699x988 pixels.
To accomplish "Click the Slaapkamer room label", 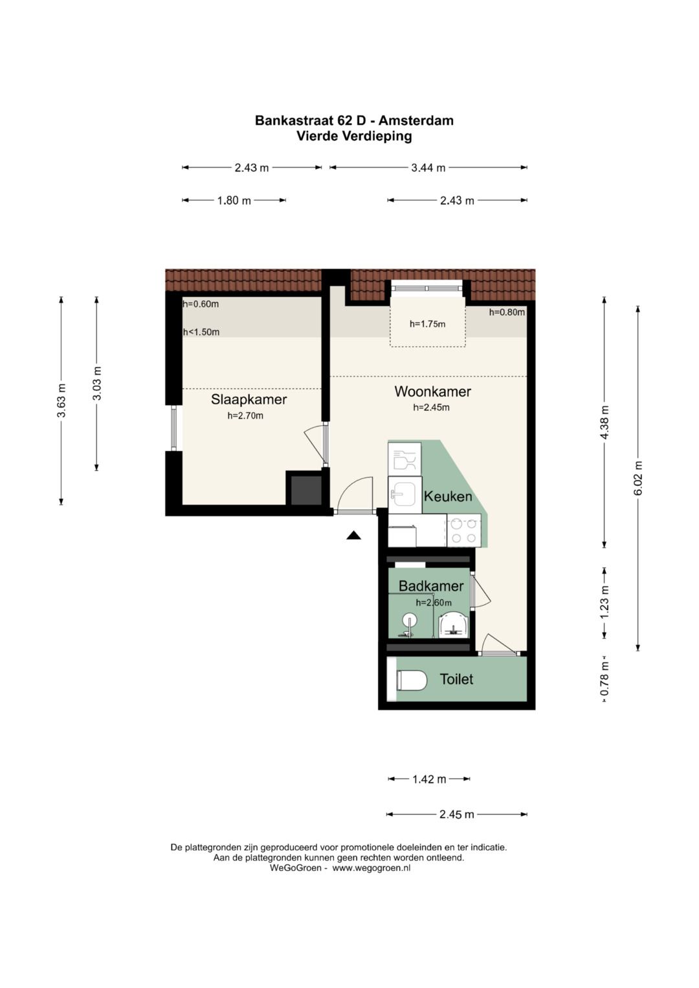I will click(x=249, y=399).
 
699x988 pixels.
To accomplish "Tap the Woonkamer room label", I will click(x=432, y=391).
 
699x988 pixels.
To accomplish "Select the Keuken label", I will click(x=447, y=496).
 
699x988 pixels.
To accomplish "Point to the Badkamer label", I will click(x=430, y=586).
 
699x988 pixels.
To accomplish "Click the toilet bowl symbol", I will click(x=412, y=681).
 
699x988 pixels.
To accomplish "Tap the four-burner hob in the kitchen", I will click(x=463, y=531).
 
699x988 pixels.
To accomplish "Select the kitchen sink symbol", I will click(x=405, y=495).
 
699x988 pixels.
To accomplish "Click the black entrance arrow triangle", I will click(x=353, y=535).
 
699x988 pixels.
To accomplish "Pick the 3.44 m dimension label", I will click(x=428, y=168).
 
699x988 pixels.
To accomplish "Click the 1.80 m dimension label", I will click(x=234, y=201).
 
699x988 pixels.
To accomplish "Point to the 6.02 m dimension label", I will click(x=638, y=478).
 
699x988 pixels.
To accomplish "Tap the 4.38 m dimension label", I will click(x=605, y=423).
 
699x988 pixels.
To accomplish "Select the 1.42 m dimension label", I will click(x=428, y=779).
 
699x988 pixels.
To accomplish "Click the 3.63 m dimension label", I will click(x=61, y=401).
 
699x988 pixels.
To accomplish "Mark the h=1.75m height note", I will click(x=427, y=324).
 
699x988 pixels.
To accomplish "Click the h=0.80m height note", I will click(x=507, y=312).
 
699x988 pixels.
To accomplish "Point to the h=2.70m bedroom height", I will click(x=245, y=416).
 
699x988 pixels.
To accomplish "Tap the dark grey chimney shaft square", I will click(x=305, y=490).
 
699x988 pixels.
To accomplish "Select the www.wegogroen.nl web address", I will click(x=372, y=868).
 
